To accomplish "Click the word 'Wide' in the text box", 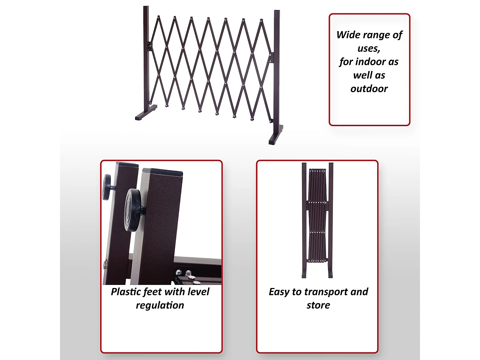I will (348, 35).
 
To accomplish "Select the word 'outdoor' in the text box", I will (369, 89).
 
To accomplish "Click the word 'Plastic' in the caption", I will (125, 292).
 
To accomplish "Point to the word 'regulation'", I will (160, 305).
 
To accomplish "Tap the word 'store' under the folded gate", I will (318, 305).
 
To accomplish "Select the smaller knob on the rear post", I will (107, 187).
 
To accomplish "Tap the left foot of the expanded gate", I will (146, 113).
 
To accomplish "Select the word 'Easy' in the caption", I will (279, 292).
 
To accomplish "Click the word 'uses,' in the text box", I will (369, 48).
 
